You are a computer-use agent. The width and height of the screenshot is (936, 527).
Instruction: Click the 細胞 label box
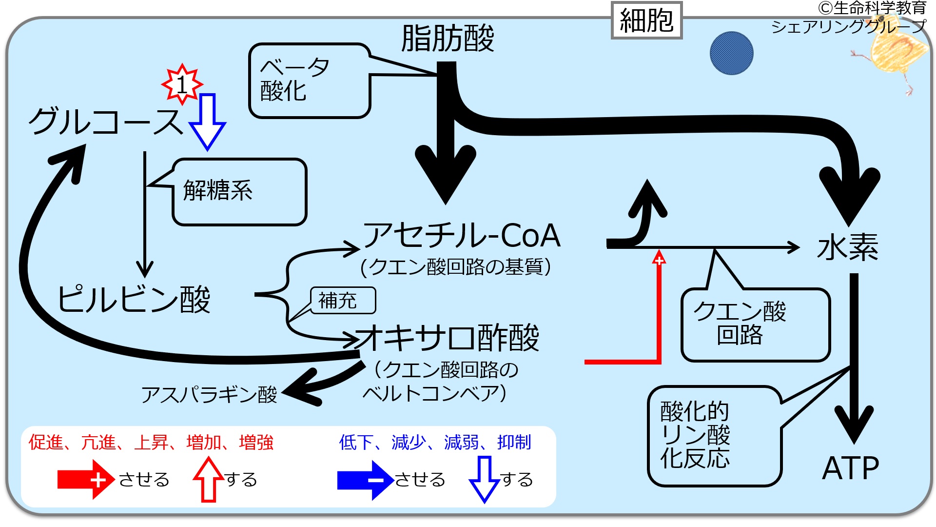(x=646, y=20)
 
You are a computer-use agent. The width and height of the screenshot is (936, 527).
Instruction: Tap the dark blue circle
(x=731, y=53)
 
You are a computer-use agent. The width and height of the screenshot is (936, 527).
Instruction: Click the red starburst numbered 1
(x=182, y=84)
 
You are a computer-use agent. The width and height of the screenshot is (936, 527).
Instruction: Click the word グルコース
(x=106, y=121)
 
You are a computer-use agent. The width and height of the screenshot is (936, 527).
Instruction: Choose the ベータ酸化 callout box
(x=310, y=81)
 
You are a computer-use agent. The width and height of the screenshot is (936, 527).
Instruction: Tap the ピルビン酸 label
(x=134, y=299)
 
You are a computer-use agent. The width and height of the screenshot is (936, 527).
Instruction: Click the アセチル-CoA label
(x=462, y=235)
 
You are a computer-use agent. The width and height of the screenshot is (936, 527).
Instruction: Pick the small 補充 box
(x=343, y=301)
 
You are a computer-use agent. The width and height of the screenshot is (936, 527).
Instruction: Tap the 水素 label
(x=848, y=247)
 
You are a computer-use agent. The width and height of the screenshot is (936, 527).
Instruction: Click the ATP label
(x=851, y=468)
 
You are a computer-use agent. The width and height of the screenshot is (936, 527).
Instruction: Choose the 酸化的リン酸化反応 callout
(x=715, y=436)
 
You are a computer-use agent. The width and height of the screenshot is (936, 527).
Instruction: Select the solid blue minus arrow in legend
(x=366, y=480)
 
